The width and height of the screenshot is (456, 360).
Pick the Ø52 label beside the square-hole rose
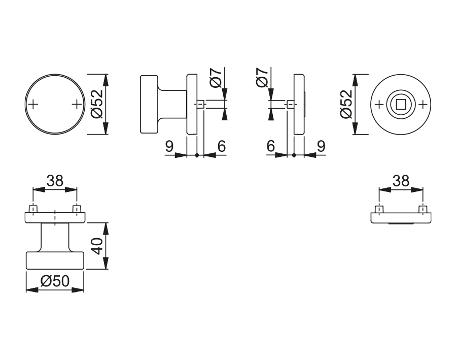click(x=346, y=104)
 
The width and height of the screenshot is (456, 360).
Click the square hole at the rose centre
click(x=401, y=105)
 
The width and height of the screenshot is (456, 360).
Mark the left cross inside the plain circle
click(x=33, y=105)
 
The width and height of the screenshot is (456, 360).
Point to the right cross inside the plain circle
click(x=77, y=105)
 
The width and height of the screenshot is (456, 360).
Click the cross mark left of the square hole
click(x=379, y=105)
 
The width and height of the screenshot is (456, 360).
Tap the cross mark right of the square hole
click(x=424, y=105)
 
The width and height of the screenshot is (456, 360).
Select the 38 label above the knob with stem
click(x=55, y=181)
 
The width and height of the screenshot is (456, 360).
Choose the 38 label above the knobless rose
click(x=401, y=181)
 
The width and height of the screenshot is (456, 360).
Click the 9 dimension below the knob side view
click(x=169, y=146)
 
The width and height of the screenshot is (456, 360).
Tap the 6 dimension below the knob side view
click(x=221, y=146)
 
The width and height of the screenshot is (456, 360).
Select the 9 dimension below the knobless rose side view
click(x=321, y=146)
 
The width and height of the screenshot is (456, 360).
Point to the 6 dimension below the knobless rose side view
click(x=270, y=146)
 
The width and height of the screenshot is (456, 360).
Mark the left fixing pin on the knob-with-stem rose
click(x=33, y=209)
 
